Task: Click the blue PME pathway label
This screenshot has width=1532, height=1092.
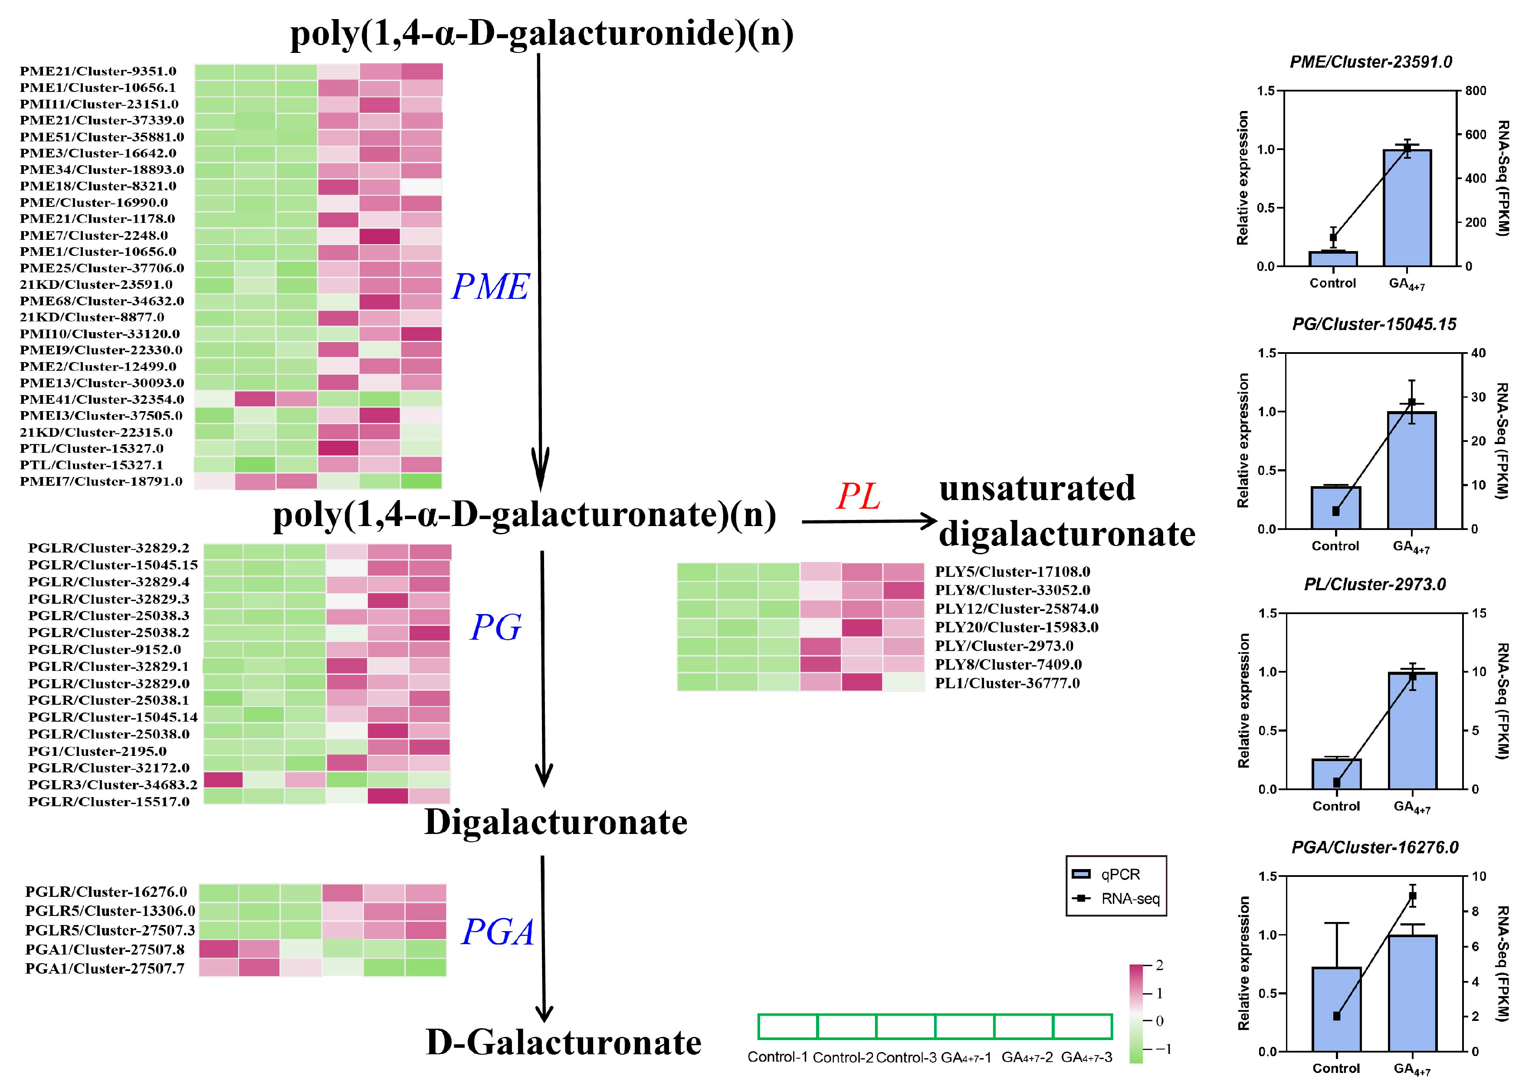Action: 490,287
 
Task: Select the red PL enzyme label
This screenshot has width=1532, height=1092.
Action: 858,497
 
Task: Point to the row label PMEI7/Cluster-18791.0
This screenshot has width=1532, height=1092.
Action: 101,481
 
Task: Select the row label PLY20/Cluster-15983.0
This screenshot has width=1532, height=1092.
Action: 1016,628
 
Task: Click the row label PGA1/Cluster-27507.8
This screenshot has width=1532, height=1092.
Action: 104,949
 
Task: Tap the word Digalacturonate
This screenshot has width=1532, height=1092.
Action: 555,822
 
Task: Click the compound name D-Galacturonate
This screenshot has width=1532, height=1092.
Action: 564,1043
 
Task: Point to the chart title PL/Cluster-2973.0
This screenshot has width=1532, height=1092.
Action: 1375,584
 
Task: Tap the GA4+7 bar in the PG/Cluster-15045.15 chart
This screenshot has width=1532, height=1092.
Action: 1412,471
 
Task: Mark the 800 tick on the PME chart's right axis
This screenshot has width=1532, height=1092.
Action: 1476,91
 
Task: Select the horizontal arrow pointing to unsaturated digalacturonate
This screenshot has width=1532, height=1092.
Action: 869,521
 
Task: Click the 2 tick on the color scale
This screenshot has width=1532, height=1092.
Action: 1159,966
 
